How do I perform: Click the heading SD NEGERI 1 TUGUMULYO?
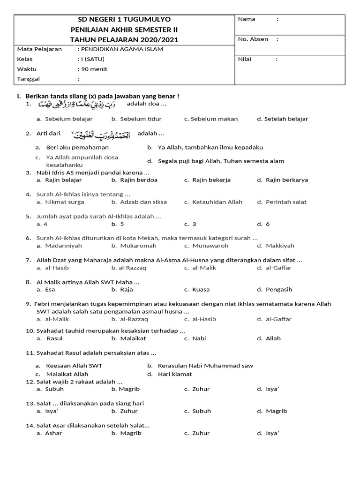click(x=124, y=19)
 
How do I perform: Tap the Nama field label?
click(x=247, y=19)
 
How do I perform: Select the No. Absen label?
click(x=253, y=39)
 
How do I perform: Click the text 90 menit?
click(x=94, y=69)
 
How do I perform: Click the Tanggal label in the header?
click(x=29, y=79)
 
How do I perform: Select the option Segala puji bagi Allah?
click(x=221, y=161)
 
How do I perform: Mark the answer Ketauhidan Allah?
click(x=213, y=202)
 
